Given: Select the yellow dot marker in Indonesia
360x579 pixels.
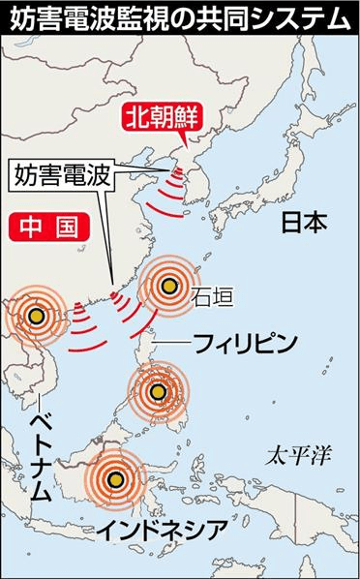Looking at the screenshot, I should coord(117,479).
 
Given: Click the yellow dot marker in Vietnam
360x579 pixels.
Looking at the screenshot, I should coord(36,316).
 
